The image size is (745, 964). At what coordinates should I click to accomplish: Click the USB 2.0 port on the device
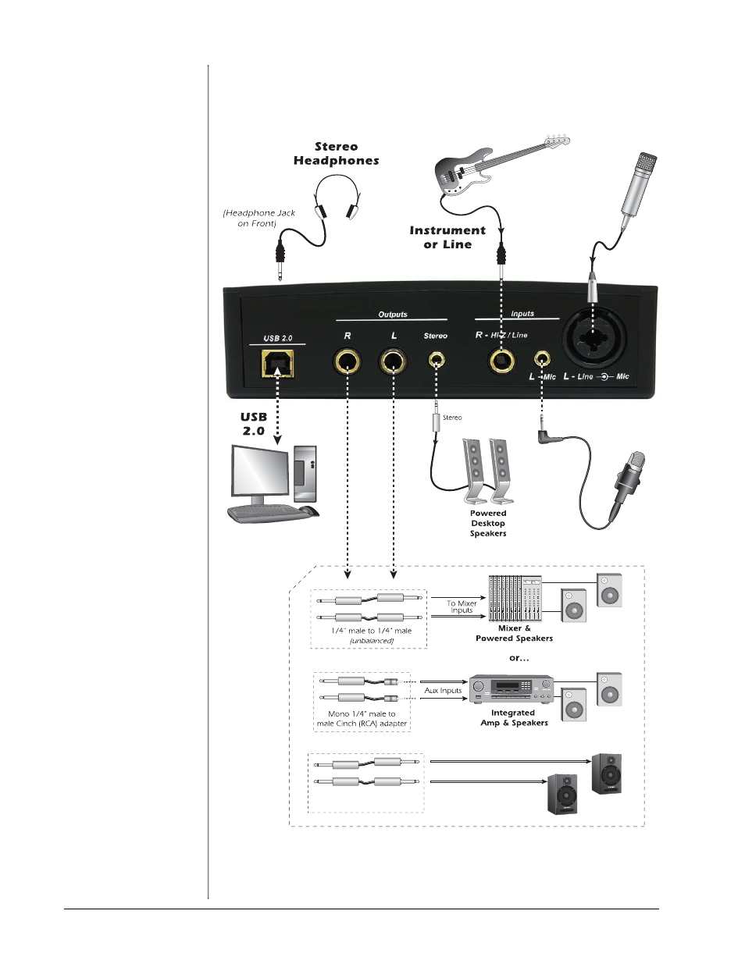pos(278,363)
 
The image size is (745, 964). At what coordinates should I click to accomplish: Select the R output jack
pos(347,362)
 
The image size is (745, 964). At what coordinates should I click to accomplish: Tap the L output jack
pos(393,362)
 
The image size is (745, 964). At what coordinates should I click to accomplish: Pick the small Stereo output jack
pos(436,361)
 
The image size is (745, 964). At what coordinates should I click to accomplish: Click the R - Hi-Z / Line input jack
pos(501,361)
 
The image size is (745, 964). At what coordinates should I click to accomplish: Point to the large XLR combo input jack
pos(593,337)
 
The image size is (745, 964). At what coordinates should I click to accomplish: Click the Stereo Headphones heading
pos(337,154)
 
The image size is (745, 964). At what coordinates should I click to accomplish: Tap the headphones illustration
pos(337,197)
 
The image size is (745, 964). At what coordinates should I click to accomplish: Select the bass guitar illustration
pos(500,163)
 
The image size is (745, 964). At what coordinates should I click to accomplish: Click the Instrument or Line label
pos(447,237)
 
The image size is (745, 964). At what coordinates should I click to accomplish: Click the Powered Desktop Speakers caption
pos(488,524)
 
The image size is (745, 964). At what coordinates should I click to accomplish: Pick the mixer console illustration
pos(515,598)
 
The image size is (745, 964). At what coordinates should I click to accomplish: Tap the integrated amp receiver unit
pos(511,688)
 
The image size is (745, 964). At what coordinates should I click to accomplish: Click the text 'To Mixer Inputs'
pos(462,607)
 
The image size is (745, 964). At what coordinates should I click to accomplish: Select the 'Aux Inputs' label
pos(443,691)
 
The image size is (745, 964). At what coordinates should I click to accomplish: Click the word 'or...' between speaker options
pos(519,658)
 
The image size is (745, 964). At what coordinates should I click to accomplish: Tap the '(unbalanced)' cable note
pos(372,641)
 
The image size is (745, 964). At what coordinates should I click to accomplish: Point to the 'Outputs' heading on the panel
pos(393,315)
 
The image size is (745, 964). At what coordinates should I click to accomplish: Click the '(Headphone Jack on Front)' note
pos(259,218)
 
